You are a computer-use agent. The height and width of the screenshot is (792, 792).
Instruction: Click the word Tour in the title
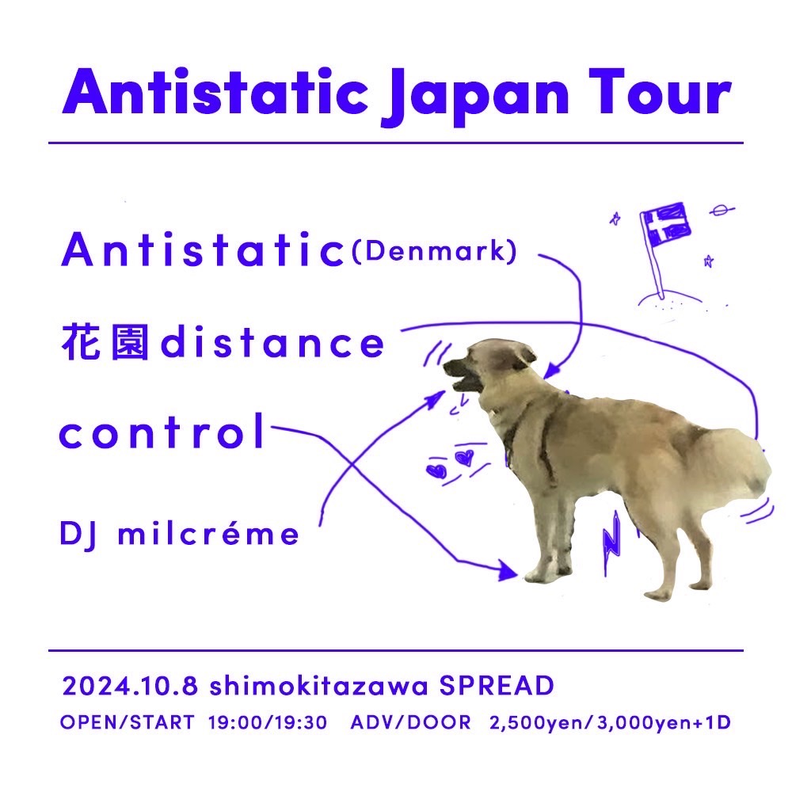coord(661,93)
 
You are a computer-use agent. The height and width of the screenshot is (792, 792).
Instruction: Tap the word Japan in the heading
coord(474,96)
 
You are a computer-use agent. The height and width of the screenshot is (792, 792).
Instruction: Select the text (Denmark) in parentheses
coord(434,251)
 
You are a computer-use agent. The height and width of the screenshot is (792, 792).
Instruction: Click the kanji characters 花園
coord(105,342)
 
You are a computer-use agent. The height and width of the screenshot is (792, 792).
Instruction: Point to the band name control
coord(162,431)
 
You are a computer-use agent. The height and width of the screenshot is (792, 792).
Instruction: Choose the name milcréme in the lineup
coord(208,533)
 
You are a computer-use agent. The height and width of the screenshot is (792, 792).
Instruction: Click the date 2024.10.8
coord(130,686)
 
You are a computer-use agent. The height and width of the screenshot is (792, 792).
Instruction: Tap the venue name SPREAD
coord(497,686)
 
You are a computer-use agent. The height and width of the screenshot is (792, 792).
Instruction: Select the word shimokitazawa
coord(318,686)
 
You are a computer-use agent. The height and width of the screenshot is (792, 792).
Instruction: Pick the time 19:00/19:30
coord(268,723)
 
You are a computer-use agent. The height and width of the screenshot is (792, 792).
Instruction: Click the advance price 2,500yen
coord(536,723)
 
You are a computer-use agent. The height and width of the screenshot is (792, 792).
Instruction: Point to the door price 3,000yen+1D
coord(664,723)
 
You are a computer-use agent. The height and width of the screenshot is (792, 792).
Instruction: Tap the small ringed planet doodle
coord(722,210)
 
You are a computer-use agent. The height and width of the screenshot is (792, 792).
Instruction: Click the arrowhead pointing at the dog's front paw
coord(508,571)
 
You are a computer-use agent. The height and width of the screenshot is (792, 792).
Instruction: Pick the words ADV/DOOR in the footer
coord(410,723)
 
